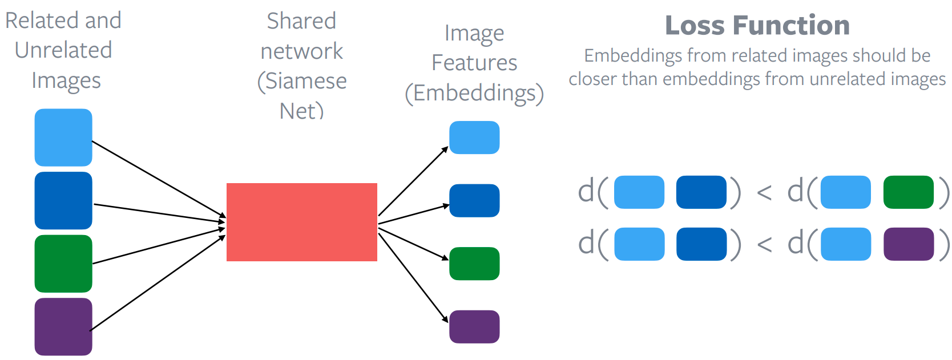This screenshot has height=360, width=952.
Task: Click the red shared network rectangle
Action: (302, 222)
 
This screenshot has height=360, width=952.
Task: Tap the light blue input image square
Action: (63, 137)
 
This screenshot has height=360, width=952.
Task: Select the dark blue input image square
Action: (63, 201)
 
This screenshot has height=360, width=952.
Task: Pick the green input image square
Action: (63, 264)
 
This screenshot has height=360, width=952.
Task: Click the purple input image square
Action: (63, 326)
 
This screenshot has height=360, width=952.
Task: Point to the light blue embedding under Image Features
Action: (474, 137)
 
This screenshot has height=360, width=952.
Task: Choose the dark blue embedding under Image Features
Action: (474, 201)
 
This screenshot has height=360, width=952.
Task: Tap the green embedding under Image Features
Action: (474, 264)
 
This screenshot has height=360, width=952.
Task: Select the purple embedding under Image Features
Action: (474, 326)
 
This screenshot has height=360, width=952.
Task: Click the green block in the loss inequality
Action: (909, 192)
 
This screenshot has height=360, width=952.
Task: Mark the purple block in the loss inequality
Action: (909, 244)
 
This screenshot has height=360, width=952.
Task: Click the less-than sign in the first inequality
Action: (764, 193)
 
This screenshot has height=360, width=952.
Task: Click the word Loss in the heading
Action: (695, 26)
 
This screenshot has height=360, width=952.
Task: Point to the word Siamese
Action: (302, 81)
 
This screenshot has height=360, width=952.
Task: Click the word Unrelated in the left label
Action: (63, 50)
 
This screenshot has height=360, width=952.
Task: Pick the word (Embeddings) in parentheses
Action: (474, 93)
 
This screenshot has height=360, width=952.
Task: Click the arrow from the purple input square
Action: (158, 282)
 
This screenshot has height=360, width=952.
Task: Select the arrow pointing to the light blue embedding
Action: (413, 181)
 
